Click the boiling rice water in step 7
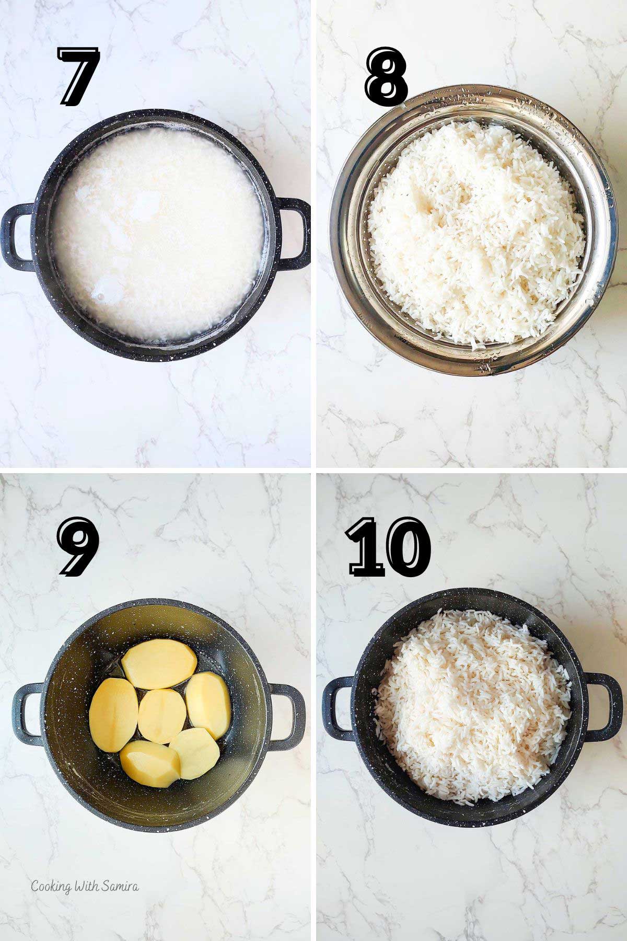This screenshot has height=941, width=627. tap(157, 230)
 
